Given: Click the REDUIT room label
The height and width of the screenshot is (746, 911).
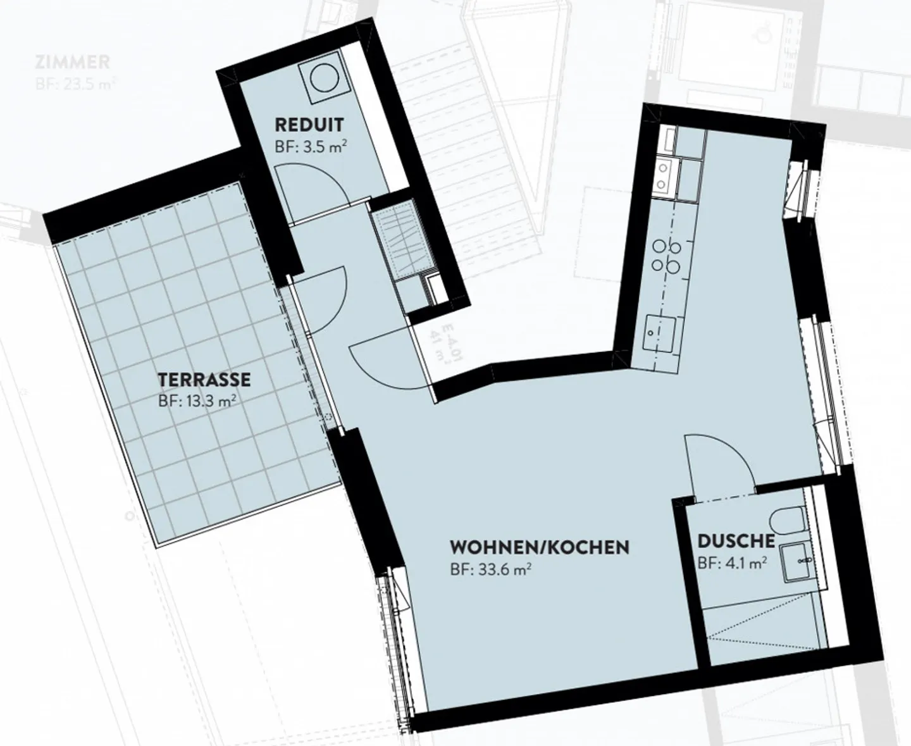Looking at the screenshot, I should (309, 123).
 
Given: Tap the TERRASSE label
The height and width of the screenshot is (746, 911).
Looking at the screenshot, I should (204, 380).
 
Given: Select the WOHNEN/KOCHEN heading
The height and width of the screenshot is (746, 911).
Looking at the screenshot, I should (539, 547).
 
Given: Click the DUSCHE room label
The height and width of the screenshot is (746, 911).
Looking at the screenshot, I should (736, 540).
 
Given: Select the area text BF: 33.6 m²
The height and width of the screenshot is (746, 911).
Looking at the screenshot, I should (490, 570).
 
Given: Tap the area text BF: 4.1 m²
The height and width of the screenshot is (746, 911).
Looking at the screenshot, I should (733, 563).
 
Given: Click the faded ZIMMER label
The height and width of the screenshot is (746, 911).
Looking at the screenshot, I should (73, 62).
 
